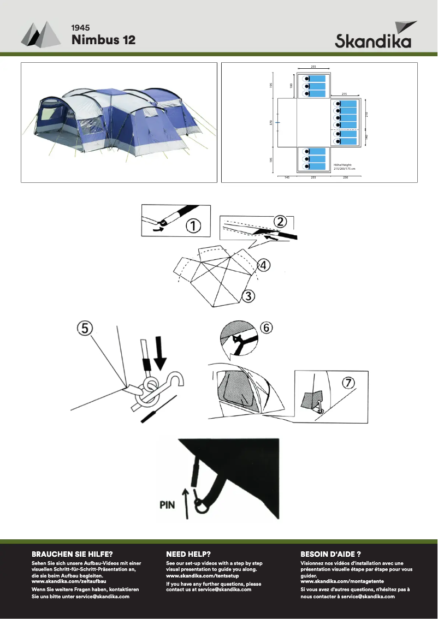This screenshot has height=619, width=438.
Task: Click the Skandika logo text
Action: point(373,41)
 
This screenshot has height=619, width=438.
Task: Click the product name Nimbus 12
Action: point(103,40)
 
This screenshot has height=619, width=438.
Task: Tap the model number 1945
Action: point(80,27)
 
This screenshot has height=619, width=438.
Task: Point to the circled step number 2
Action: point(280,221)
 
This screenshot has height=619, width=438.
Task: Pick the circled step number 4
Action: point(263,265)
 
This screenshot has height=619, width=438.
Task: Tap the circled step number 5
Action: point(85,328)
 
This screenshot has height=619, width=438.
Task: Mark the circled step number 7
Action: point(348,382)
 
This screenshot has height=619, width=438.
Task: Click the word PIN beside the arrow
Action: point(168,505)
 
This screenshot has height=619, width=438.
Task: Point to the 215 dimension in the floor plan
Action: point(344,94)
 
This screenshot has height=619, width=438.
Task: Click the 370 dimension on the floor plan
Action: point(271,123)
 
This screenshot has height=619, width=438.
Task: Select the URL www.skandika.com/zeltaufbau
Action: point(69,582)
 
